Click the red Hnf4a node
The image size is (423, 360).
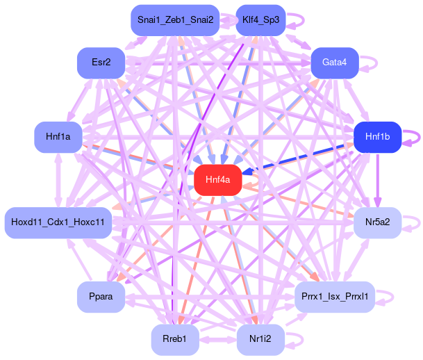pos(217,180)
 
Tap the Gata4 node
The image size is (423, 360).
pos(334,63)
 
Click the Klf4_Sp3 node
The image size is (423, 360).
pos(260,20)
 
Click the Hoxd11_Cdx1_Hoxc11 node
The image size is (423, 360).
pos(58,222)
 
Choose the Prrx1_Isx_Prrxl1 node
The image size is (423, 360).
pos(335,297)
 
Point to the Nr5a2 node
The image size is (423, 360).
pos(377,222)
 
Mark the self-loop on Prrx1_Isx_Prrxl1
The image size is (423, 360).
pos(393,297)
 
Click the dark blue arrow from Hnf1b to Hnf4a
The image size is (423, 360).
pos(299,158)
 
